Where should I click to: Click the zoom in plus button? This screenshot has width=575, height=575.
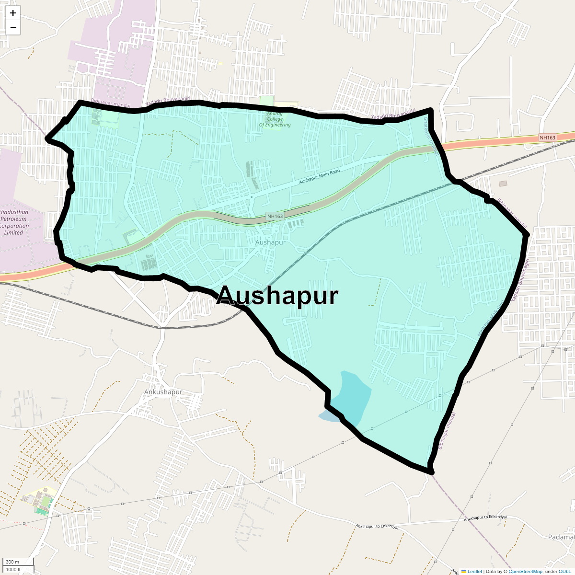click(x=13, y=13)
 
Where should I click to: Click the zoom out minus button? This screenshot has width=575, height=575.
click(x=13, y=27)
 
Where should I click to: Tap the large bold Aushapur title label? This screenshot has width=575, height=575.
click(x=277, y=296)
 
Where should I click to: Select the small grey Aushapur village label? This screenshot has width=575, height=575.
click(x=270, y=242)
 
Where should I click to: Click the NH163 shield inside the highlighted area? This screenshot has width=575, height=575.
click(x=275, y=216)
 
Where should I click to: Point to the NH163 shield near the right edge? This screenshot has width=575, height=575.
click(x=547, y=138)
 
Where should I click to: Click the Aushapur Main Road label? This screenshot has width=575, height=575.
click(x=319, y=176)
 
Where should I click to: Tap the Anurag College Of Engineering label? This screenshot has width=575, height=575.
click(x=275, y=119)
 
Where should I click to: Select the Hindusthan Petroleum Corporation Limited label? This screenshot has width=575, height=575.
click(x=14, y=222)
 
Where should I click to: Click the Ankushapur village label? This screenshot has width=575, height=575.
click(x=163, y=392)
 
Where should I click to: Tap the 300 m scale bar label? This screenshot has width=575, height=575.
click(x=12, y=562)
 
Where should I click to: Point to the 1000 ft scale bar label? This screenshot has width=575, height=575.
click(x=13, y=569)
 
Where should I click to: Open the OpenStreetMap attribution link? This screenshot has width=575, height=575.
click(x=525, y=571)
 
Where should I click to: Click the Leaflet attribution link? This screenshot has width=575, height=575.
click(x=474, y=571)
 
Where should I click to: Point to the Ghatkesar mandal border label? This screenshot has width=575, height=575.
click(x=430, y=136)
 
